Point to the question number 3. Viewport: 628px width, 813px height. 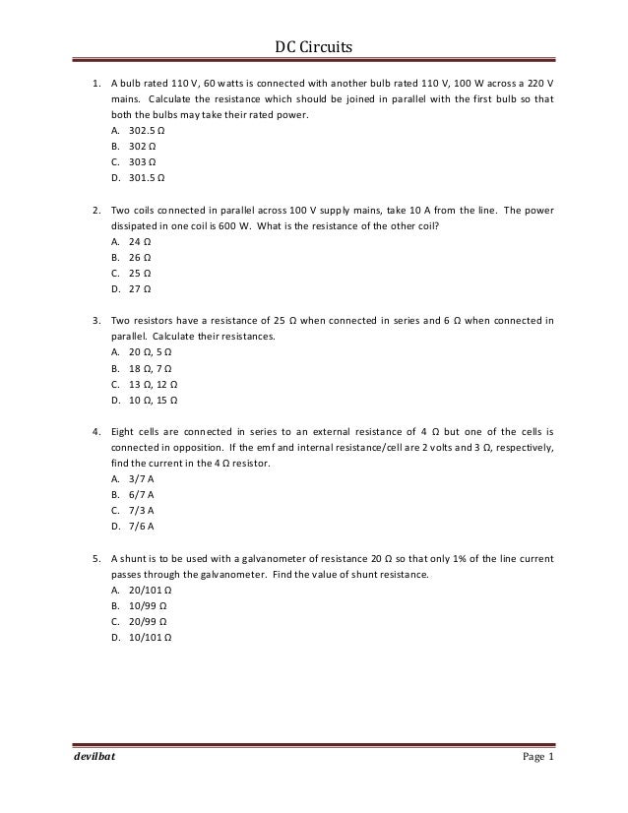pos(96,320)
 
